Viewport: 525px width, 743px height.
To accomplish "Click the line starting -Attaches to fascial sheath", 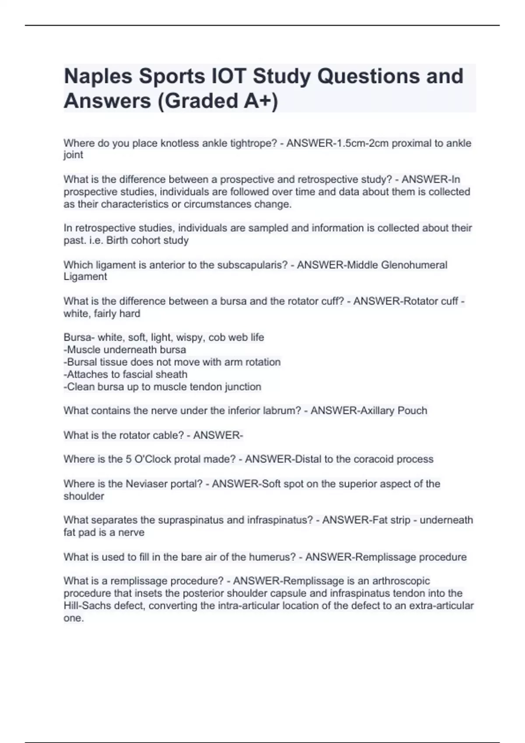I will [126, 375].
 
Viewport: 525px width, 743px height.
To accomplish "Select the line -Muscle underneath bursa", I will [125, 350].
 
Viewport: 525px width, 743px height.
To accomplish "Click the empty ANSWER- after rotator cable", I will [218, 435].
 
